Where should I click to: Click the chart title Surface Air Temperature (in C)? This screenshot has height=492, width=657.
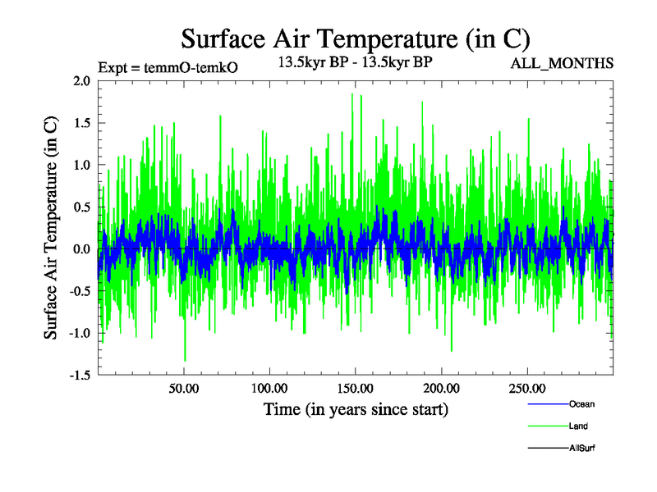pyautogui.click(x=356, y=38)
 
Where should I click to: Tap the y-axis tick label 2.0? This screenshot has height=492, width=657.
pyautogui.click(x=80, y=81)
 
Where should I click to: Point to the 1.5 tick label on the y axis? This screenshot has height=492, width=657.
pyautogui.click(x=80, y=123)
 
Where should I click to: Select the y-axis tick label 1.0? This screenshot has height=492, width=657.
pyautogui.click(x=80, y=165)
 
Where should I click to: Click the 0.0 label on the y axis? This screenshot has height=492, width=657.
pyautogui.click(x=80, y=248)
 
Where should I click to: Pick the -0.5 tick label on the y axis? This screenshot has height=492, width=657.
pyautogui.click(x=78, y=290)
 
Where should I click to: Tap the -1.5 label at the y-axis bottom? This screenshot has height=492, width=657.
pyautogui.click(x=78, y=375)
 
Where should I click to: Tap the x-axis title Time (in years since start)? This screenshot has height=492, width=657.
pyautogui.click(x=356, y=408)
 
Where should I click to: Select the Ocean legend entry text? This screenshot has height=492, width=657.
pyautogui.click(x=581, y=404)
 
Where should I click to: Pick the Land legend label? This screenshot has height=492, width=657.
pyautogui.click(x=578, y=426)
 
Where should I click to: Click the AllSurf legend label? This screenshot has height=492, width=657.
pyautogui.click(x=581, y=448)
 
